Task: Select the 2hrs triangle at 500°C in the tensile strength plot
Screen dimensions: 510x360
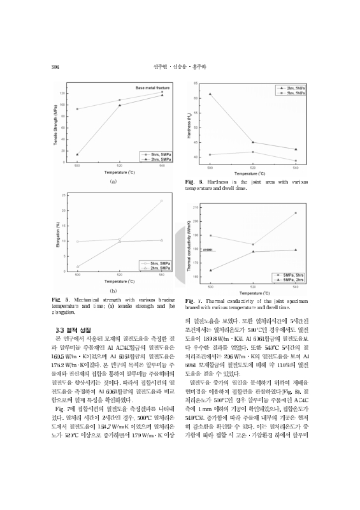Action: [x=77, y=154]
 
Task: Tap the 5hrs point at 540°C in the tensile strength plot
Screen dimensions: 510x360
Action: [x=162, y=92]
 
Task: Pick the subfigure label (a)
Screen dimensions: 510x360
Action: [x=113, y=182]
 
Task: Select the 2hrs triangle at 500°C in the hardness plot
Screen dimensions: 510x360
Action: [x=210, y=94]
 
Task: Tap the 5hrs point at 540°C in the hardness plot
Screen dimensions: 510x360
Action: [x=296, y=161]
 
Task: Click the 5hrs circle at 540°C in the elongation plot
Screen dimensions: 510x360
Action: [x=162, y=240]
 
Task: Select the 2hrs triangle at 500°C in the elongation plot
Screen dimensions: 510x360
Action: [x=77, y=266]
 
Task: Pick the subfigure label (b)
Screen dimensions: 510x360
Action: [x=113, y=291]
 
